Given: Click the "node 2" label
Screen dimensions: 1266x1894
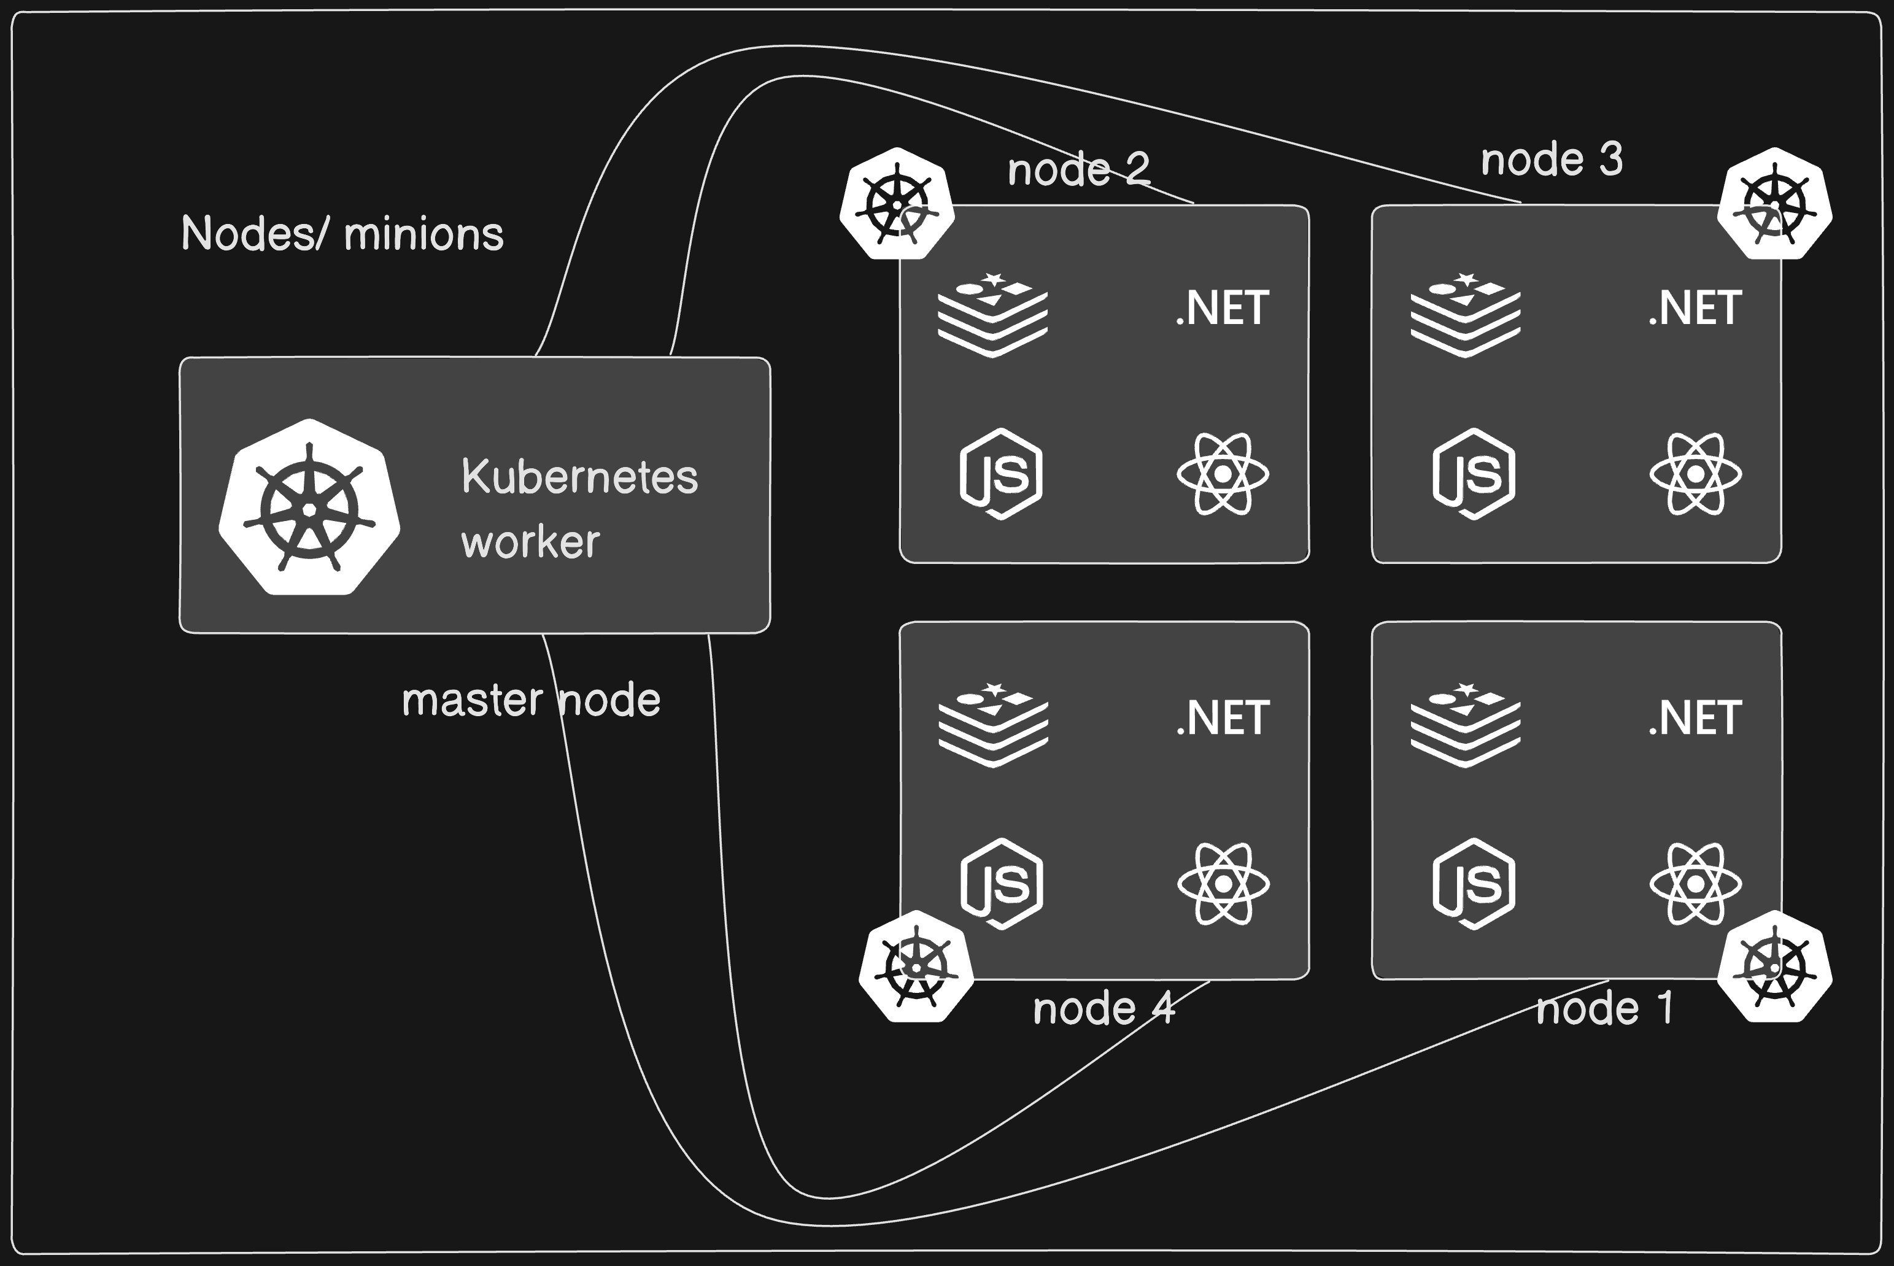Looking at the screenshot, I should coord(1078,169).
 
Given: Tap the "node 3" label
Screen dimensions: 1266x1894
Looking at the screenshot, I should coord(1552,160).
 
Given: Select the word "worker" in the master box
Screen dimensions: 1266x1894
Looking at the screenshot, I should coord(530,542).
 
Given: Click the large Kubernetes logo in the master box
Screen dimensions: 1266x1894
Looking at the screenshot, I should coord(309,507).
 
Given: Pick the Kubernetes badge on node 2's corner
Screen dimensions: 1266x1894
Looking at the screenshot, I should coord(897,204).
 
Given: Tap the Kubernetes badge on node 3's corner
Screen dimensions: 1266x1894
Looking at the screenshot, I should coord(1774,204).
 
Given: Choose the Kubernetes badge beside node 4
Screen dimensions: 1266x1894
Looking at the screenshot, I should coord(916,967).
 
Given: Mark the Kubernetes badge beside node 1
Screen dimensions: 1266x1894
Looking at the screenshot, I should coord(1774,967).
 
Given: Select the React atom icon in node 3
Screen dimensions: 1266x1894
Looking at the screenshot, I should coord(1695,474).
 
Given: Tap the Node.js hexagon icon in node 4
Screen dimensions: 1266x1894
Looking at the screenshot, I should coord(1002,884).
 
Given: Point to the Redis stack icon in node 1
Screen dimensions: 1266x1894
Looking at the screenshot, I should coord(1466,724).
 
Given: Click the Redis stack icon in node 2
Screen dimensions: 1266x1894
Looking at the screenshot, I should coord(992,315).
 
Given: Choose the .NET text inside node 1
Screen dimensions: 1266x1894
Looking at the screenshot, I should coord(1695,719).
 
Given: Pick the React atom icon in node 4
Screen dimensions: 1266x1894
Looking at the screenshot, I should coord(1223,884).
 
